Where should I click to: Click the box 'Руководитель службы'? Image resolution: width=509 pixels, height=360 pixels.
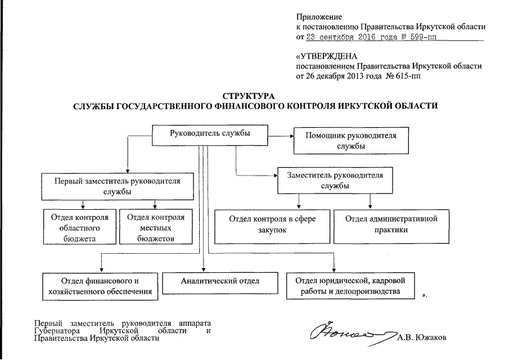[210, 134]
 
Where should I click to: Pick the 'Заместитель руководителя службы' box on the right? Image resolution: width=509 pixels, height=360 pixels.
[334, 180]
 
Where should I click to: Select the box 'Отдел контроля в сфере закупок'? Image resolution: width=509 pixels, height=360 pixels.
[272, 226]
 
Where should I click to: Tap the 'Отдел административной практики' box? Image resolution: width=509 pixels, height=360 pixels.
[391, 226]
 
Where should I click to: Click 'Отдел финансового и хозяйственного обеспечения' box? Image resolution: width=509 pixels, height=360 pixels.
[100, 286]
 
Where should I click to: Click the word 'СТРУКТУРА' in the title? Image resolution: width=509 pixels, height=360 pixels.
[254, 96]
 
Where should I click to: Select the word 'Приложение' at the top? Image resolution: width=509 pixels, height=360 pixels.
[318, 17]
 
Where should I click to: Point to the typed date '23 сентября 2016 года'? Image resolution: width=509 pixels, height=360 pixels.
[346, 37]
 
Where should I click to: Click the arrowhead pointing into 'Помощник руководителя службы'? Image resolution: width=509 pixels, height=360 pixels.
[291, 135]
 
